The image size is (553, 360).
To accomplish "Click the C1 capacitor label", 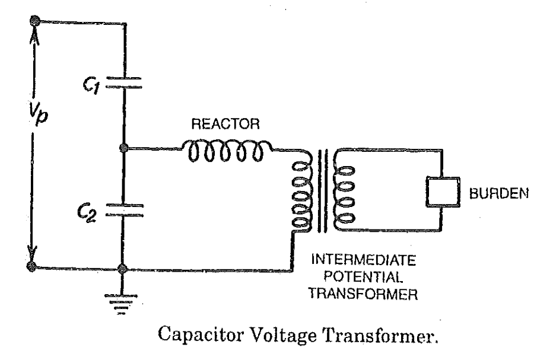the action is (91, 85).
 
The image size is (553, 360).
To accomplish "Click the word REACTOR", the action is (225, 124).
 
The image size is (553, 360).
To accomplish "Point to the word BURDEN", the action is (498, 193).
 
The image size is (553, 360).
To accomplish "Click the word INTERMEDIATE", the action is (364, 260).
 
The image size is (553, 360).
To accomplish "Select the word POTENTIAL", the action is (363, 276).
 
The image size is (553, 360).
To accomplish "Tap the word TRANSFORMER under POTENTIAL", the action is (363, 294).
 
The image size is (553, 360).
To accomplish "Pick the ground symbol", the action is (122, 304).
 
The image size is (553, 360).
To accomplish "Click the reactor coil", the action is (227, 151).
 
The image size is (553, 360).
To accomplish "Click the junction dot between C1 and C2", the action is (123, 148).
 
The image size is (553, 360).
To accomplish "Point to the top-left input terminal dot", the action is (34, 20).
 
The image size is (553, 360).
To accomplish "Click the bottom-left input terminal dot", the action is (31, 266).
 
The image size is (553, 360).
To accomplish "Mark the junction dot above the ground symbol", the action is (122, 269).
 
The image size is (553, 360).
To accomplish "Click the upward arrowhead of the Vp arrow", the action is (34, 35).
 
